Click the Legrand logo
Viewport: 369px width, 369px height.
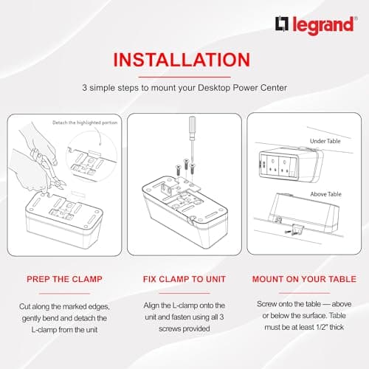316,25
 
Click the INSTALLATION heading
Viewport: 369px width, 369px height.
182,60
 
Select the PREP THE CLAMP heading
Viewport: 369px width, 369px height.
64,279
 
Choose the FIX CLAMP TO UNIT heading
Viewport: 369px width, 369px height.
184,279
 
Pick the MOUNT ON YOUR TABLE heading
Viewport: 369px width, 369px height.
304,279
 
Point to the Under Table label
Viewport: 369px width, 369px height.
325,141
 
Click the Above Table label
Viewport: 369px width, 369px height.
325,194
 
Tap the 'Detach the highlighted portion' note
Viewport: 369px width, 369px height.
85,123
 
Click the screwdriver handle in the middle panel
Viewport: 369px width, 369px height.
193,125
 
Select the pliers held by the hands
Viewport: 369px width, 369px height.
48,170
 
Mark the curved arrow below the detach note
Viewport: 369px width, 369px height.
98,137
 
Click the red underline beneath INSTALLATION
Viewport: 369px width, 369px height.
184,77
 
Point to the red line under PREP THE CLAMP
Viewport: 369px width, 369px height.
64,293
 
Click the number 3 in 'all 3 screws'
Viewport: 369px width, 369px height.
221,317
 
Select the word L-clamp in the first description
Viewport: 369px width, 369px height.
44,330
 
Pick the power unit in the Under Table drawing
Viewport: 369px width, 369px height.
291,165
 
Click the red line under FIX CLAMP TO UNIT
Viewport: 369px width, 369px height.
184,293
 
